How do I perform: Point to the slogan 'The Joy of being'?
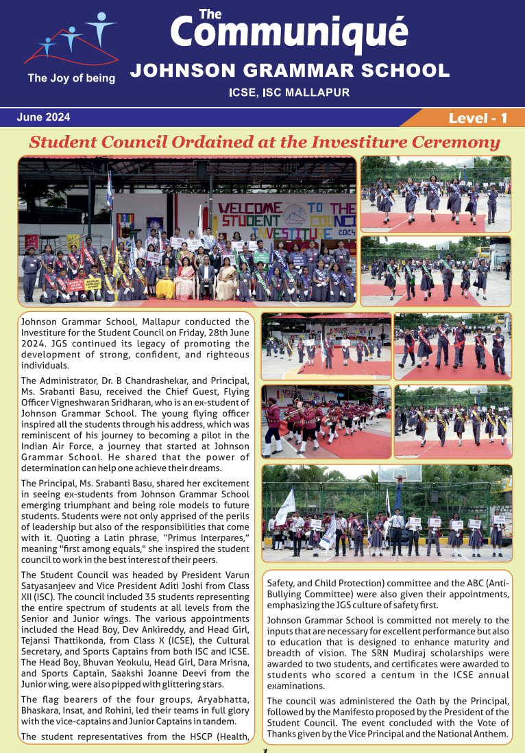(x=71, y=78)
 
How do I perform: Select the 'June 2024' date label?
(x=43, y=117)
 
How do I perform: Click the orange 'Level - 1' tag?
(x=477, y=118)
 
